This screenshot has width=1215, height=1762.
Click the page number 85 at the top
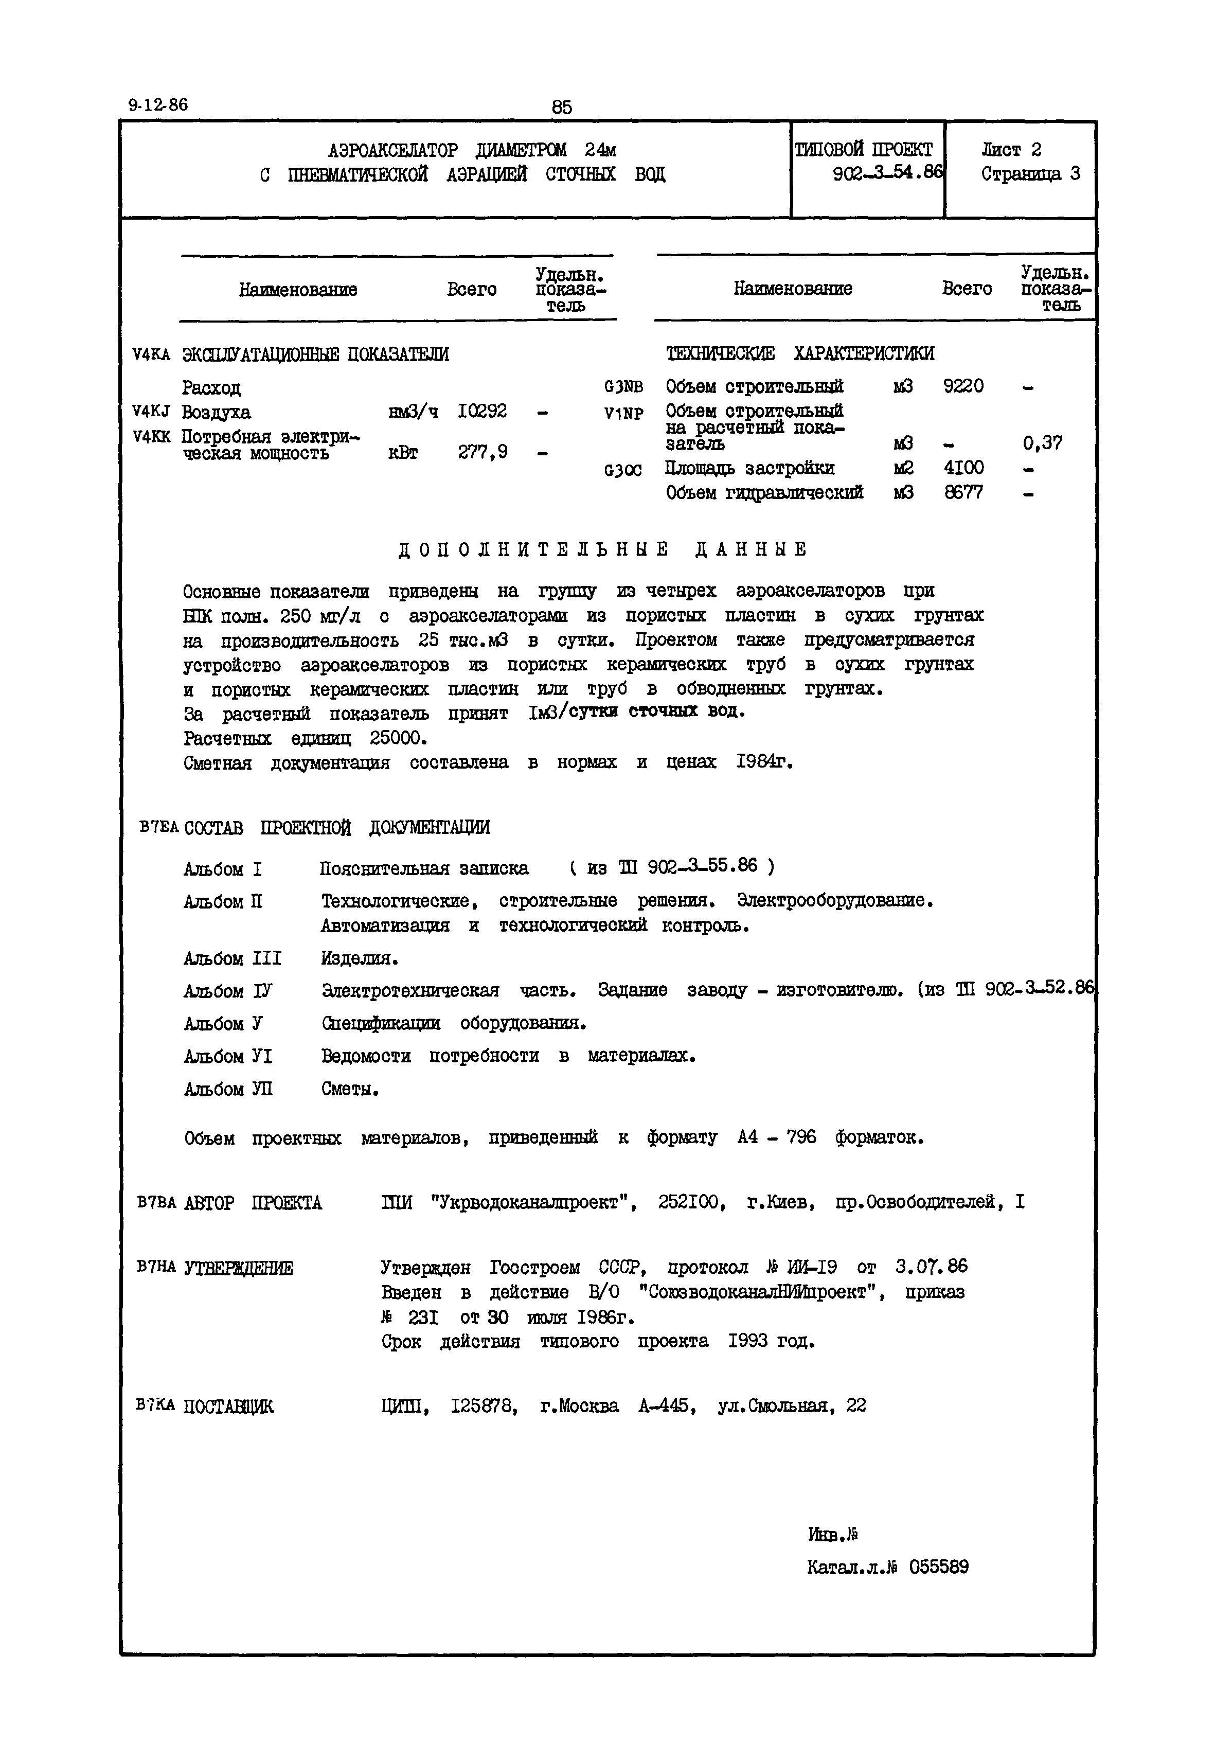pyautogui.click(x=561, y=108)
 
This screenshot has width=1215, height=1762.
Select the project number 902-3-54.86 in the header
pyautogui.click(x=887, y=173)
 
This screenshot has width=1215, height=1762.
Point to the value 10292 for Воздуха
pyautogui.click(x=482, y=411)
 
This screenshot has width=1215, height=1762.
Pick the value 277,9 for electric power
pyautogui.click(x=483, y=452)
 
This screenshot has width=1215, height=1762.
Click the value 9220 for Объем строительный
pyautogui.click(x=963, y=386)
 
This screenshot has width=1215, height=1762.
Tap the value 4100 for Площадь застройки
pyautogui.click(x=963, y=468)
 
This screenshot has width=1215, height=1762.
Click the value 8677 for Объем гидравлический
pyautogui.click(x=963, y=493)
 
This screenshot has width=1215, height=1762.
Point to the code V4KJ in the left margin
pyautogui.click(x=151, y=412)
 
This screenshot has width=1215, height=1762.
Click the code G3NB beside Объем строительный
pyautogui.click(x=623, y=387)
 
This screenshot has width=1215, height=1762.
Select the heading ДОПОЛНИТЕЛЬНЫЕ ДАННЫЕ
pyautogui.click(x=602, y=549)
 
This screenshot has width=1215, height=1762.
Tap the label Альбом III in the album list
pyautogui.click(x=232, y=958)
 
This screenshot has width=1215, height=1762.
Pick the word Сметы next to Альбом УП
pyautogui.click(x=349, y=1090)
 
